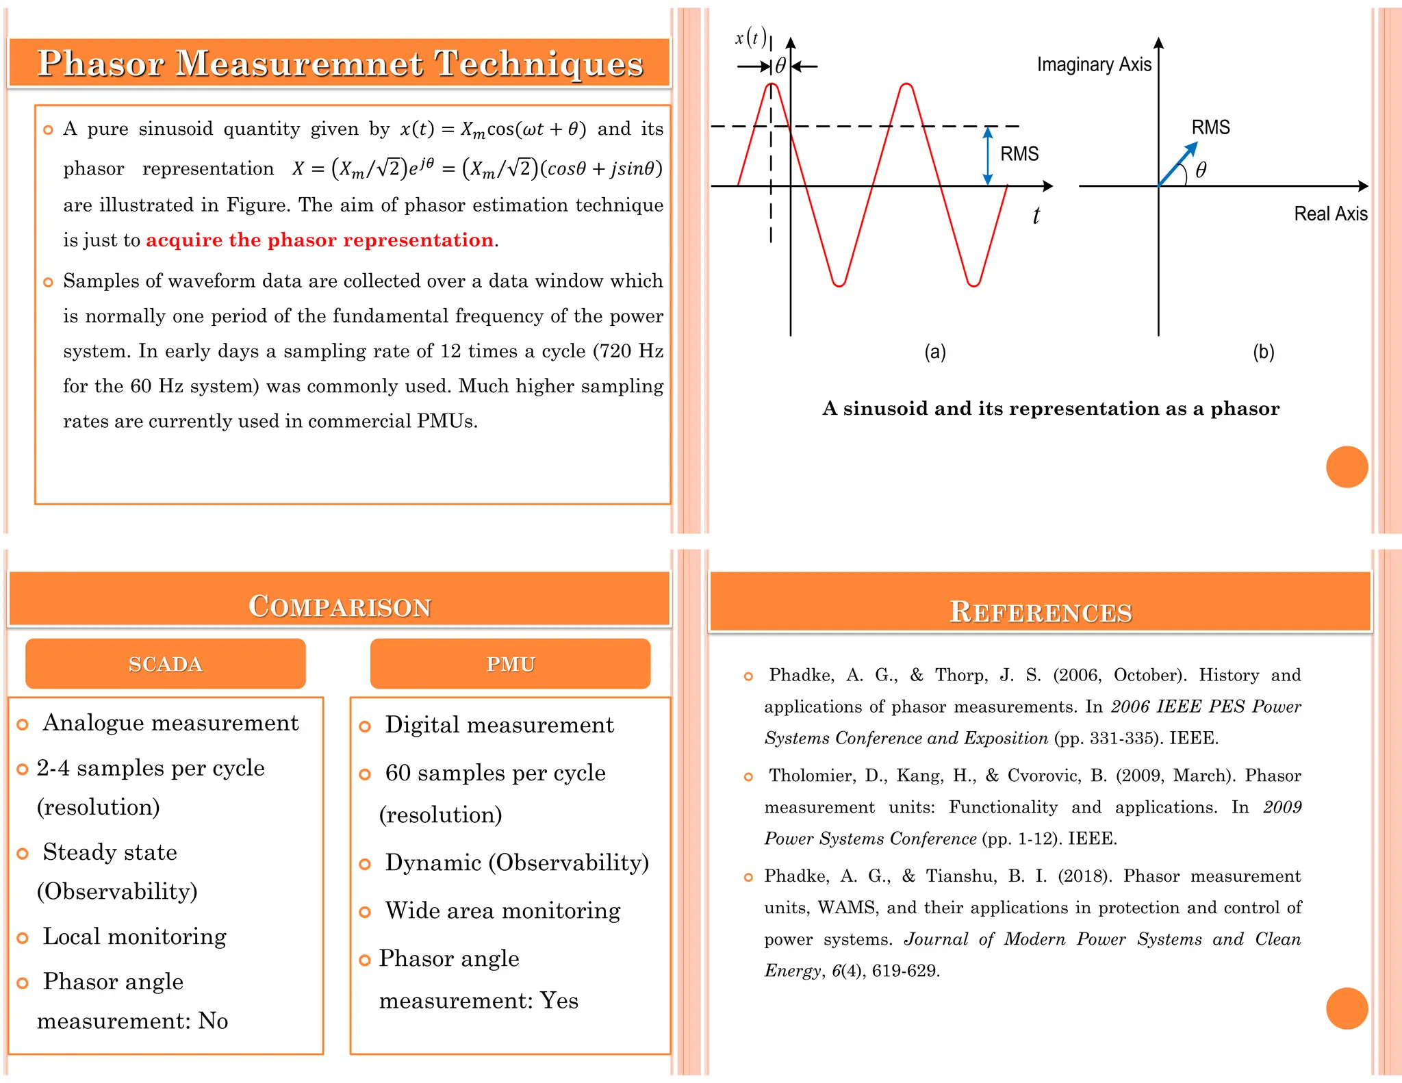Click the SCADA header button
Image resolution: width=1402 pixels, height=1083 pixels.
pos(165,663)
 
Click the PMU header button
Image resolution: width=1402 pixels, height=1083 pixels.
pos(510,663)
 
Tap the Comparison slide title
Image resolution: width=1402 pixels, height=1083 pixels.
pos(340,606)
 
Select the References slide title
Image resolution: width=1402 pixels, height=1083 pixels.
pos(1041,611)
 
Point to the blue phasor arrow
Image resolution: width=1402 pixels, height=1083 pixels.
pos(1177,164)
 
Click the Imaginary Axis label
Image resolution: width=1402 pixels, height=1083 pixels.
pos(1093,64)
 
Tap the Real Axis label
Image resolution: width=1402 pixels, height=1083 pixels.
pos(1330,214)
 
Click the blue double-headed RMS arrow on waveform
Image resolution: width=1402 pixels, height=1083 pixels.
pos(987,156)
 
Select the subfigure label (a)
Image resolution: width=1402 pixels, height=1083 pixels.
pos(935,352)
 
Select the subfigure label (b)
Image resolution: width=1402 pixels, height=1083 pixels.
pos(1263,352)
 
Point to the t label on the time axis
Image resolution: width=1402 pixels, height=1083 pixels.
pos(1036,216)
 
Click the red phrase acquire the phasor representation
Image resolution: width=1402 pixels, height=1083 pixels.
pos(320,240)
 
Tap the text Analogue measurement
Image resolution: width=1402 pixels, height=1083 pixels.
pos(170,723)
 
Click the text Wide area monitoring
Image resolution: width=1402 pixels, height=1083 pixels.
pos(502,910)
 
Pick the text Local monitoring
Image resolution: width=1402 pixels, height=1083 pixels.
pos(134,937)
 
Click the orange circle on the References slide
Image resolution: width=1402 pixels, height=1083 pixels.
pos(1347,1008)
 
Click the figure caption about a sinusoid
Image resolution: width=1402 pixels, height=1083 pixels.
pos(1051,409)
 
